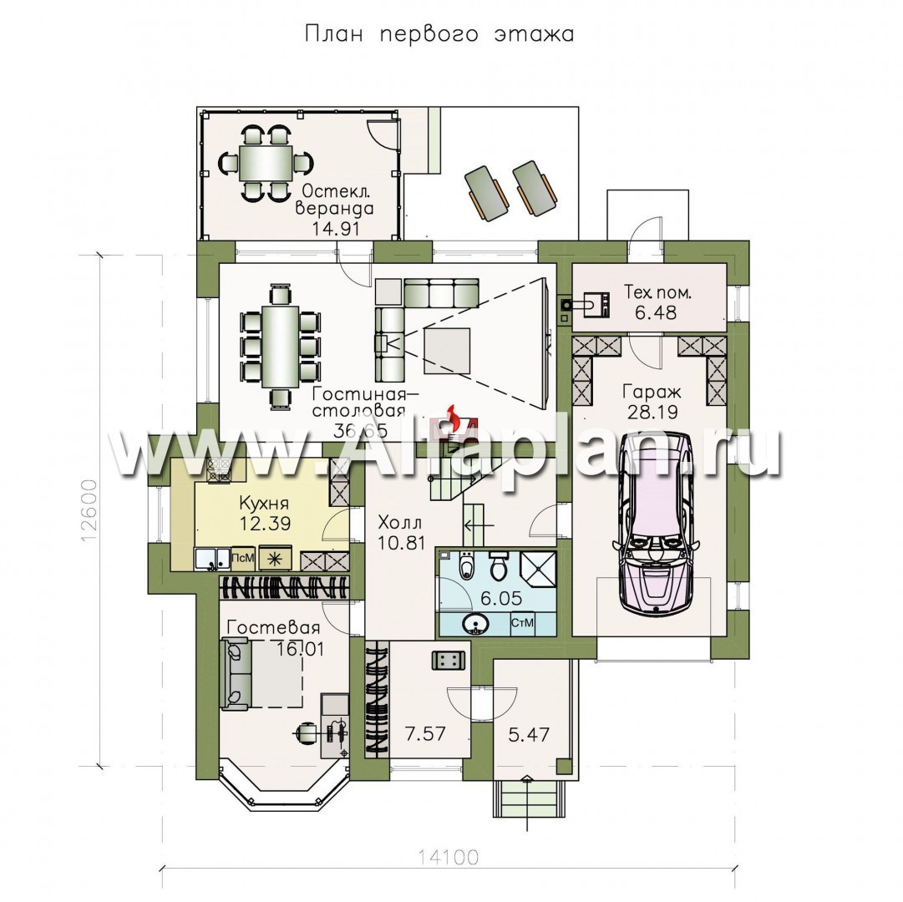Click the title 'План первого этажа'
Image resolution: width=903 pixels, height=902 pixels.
pyautogui.click(x=439, y=34)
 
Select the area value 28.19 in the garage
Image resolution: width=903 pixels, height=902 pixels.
pyautogui.click(x=652, y=412)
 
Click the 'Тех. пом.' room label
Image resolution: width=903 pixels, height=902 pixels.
pyautogui.click(x=657, y=292)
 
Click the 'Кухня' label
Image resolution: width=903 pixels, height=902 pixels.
pyautogui.click(x=264, y=504)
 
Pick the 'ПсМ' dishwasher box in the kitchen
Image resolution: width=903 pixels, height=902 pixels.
pyautogui.click(x=242, y=558)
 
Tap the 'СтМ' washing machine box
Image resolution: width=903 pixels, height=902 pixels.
pyautogui.click(x=522, y=622)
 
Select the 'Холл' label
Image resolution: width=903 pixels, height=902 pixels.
pyautogui.click(x=400, y=523)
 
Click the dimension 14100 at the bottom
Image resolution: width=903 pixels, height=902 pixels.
pyautogui.click(x=448, y=858)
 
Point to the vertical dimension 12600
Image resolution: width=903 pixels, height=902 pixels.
pyautogui.click(x=89, y=510)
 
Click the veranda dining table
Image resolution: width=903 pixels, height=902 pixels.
pyautogui.click(x=266, y=163)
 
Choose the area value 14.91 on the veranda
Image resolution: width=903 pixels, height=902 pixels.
pyautogui.click(x=336, y=228)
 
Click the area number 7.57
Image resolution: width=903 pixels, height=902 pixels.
pyautogui.click(x=425, y=733)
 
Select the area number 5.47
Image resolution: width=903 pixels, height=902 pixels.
pyautogui.click(x=529, y=734)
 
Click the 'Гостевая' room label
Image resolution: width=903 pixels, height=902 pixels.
pyautogui.click(x=273, y=627)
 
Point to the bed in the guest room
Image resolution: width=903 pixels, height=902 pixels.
pyautogui.click(x=262, y=675)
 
